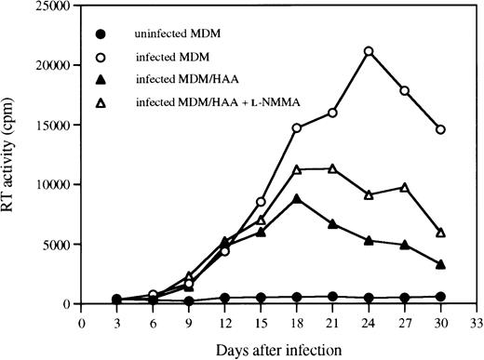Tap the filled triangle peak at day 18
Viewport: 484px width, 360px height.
(297, 198)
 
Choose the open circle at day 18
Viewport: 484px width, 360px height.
(297, 128)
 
